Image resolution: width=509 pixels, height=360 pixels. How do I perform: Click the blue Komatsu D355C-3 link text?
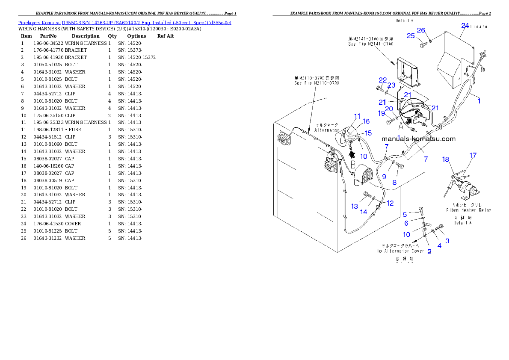point(124,23)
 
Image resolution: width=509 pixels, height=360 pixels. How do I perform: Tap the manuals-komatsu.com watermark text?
point(418,139)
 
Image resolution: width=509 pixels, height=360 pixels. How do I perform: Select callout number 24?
point(465,25)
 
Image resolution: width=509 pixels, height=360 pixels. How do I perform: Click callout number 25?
point(411,36)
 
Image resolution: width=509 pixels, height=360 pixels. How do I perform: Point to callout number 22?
point(382,80)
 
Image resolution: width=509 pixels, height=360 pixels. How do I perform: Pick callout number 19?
point(381,113)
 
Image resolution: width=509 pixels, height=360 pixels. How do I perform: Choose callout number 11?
point(357,116)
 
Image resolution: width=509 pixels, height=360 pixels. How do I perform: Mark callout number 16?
point(366,121)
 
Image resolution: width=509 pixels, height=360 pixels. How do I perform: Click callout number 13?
point(355,207)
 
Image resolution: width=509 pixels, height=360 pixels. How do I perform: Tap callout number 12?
point(390,203)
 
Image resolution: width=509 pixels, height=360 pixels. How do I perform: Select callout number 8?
point(394,182)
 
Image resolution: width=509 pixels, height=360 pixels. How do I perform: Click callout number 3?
point(447,241)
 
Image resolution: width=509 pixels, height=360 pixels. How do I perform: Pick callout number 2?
point(429,251)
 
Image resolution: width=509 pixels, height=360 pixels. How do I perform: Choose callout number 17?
point(473,155)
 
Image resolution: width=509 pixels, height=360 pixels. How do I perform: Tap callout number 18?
point(446,159)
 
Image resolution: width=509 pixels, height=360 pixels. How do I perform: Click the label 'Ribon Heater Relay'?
point(468,210)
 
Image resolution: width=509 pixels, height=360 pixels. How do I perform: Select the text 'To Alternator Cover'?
point(400,251)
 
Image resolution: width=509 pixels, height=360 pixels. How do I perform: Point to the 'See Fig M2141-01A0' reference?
point(370,44)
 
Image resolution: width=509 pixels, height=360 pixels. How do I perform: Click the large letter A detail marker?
point(401,126)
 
